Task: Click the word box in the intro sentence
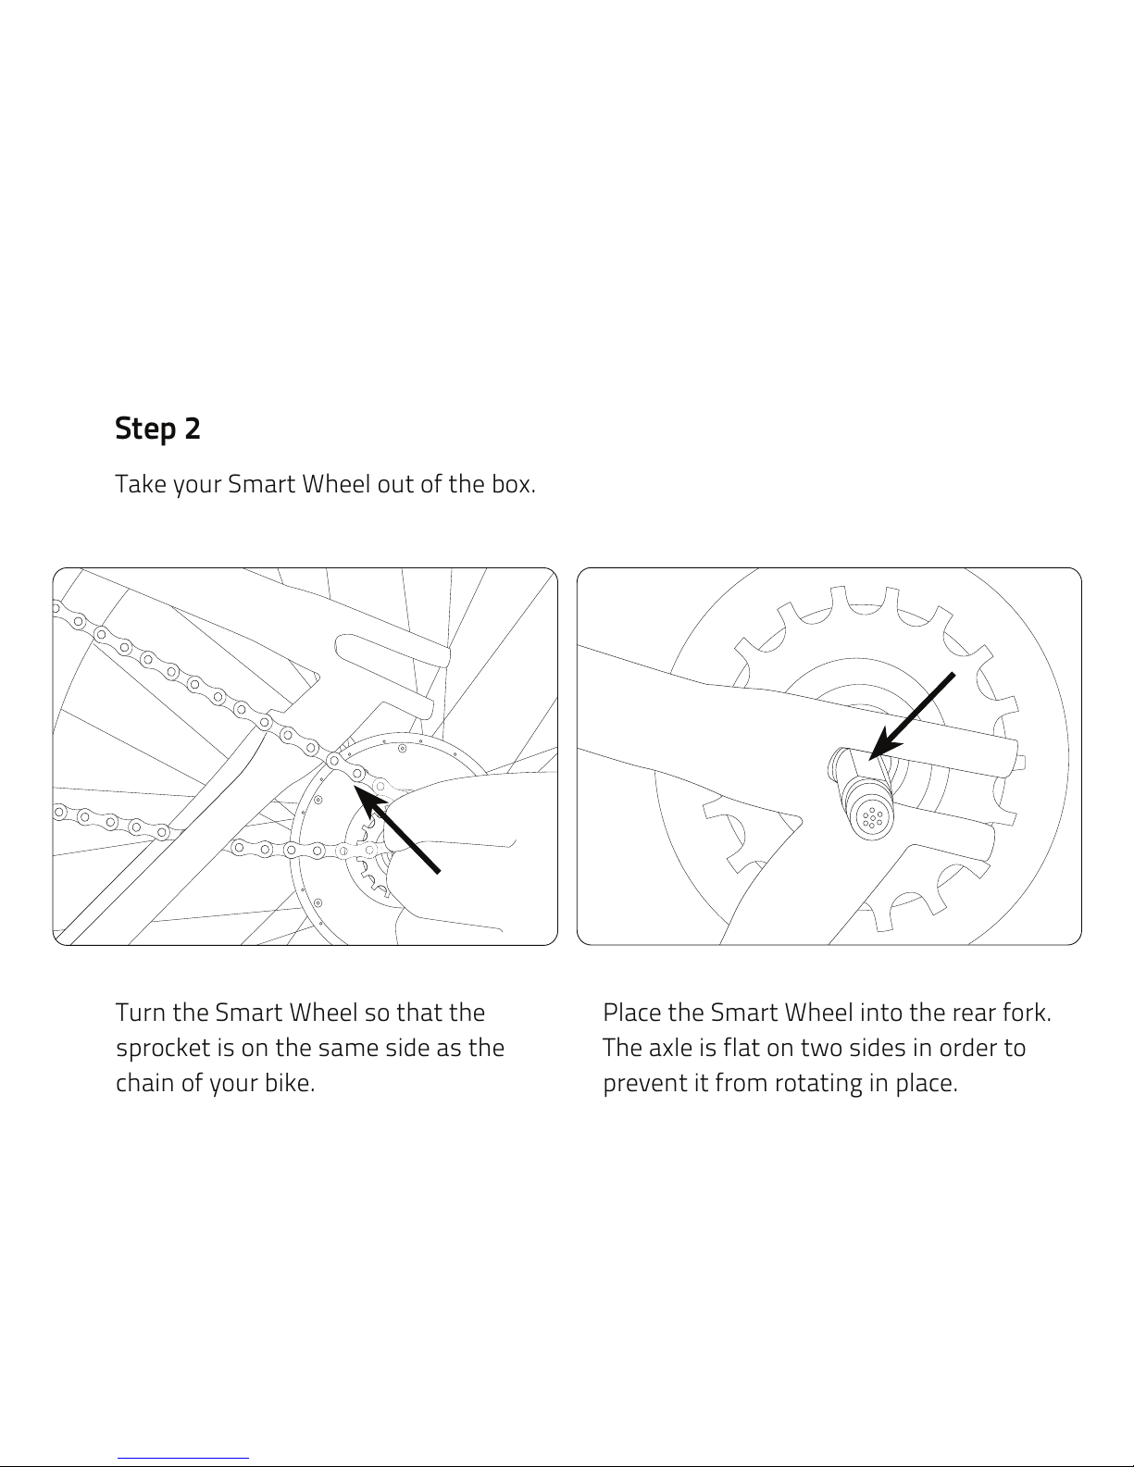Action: (x=513, y=484)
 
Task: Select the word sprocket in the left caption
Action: (x=163, y=1049)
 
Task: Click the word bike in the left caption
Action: (x=290, y=1083)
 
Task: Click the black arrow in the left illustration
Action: (x=397, y=828)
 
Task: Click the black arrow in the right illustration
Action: (x=911, y=716)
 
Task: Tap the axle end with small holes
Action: (x=872, y=818)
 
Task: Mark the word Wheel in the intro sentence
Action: (x=335, y=484)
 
